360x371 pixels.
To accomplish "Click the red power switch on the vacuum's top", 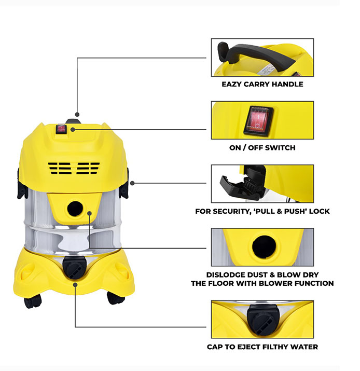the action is tap(61, 129).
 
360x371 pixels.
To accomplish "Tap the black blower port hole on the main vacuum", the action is tap(75, 209).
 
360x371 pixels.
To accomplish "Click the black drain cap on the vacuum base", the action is tap(74, 267).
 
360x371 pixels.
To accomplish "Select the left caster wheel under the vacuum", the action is tap(32, 301).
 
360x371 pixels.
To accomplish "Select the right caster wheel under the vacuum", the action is tap(116, 298).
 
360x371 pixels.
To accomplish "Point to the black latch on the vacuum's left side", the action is tap(21, 183).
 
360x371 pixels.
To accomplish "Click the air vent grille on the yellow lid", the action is tap(74, 168).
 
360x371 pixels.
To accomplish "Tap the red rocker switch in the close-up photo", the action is tap(258, 121).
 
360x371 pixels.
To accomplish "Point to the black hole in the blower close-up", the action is tap(264, 247).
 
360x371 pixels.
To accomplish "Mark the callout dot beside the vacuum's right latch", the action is tap(132, 183).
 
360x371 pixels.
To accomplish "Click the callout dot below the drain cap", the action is tap(75, 285).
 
